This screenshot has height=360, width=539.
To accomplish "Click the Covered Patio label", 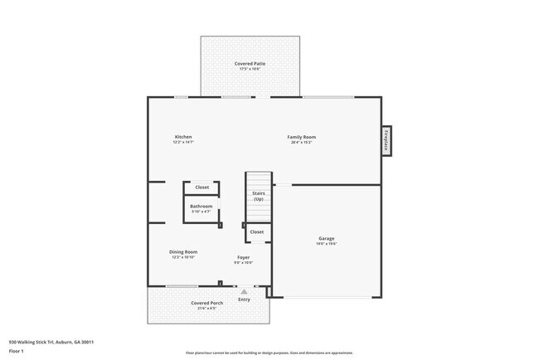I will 250,63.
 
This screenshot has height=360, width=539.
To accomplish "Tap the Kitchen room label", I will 182,137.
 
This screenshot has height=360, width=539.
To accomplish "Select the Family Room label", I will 301,137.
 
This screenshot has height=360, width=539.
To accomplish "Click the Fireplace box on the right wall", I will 386,140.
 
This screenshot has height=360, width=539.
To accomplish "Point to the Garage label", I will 326,239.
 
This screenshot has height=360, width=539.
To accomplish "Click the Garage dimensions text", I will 326,245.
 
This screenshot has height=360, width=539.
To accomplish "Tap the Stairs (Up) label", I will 258,197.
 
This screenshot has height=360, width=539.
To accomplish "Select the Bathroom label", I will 201,206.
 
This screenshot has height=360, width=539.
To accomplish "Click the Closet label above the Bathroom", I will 202,187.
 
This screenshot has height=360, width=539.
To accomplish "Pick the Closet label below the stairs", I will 256,232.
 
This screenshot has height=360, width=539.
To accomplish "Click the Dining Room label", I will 184,251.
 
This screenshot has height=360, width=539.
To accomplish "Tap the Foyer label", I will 243,257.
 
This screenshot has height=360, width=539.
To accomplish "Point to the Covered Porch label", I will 206,303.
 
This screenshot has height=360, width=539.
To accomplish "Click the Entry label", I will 244,299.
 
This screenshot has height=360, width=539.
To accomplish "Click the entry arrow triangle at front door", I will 244,292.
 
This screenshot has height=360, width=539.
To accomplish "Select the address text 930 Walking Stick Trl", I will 51,342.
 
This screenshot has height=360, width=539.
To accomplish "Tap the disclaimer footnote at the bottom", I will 269,353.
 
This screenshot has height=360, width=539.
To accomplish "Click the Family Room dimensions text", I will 301,143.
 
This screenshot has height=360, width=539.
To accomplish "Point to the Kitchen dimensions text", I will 182,143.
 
